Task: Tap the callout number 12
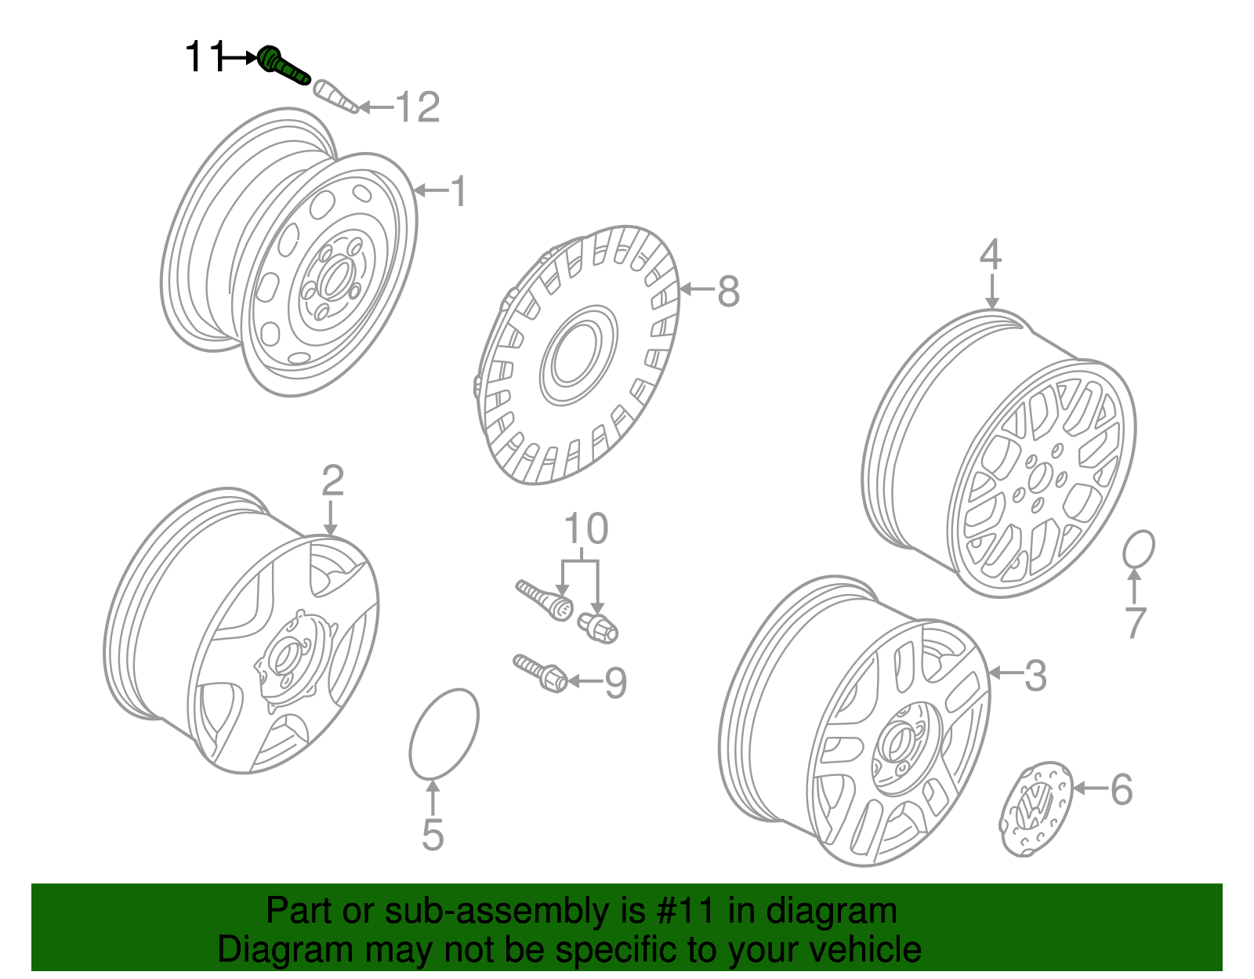pyautogui.click(x=417, y=107)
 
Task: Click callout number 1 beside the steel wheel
pyautogui.click(x=458, y=191)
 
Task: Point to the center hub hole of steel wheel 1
pyautogui.click(x=335, y=279)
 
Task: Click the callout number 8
pyautogui.click(x=728, y=292)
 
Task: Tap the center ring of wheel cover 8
pyautogui.click(x=578, y=357)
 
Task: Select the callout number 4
pyautogui.click(x=991, y=256)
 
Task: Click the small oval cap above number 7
pyautogui.click(x=1138, y=549)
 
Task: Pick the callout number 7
pyautogui.click(x=1135, y=623)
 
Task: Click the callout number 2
pyautogui.click(x=332, y=480)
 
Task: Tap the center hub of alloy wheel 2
pyautogui.click(x=286, y=658)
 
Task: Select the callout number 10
pyautogui.click(x=585, y=529)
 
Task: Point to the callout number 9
pyautogui.click(x=616, y=683)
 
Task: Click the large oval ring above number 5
pyautogui.click(x=444, y=734)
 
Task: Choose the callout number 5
pyautogui.click(x=432, y=835)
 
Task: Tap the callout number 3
pyautogui.click(x=1035, y=675)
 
